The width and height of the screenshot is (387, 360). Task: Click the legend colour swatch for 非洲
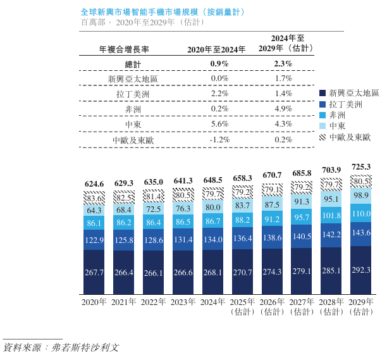(x=322, y=115)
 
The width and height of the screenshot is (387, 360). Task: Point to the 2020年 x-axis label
(x=94, y=302)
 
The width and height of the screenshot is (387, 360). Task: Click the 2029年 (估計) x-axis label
(x=362, y=307)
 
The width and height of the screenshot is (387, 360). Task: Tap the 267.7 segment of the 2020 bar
(x=94, y=272)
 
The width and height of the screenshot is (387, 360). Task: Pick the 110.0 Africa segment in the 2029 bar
(x=362, y=214)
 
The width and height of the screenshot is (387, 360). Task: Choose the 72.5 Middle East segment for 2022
(x=154, y=208)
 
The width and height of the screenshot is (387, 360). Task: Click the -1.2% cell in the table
(x=219, y=139)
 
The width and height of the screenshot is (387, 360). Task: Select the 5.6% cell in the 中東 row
(x=219, y=125)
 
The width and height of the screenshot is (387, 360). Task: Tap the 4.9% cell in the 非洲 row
(x=283, y=109)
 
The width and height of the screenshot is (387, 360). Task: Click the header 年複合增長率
(x=124, y=49)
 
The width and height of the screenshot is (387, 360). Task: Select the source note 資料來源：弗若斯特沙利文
(x=61, y=347)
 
